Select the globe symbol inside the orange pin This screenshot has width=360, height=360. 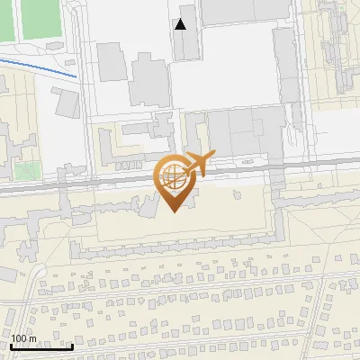click(173, 178)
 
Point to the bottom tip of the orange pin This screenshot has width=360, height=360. click(174, 211)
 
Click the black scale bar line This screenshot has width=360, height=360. click(41, 346)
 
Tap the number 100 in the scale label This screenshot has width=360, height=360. click(19, 338)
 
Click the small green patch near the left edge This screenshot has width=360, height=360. click(25, 168)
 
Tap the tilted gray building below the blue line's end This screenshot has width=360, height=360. click(66, 103)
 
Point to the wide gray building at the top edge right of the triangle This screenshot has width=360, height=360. click(236, 11)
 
